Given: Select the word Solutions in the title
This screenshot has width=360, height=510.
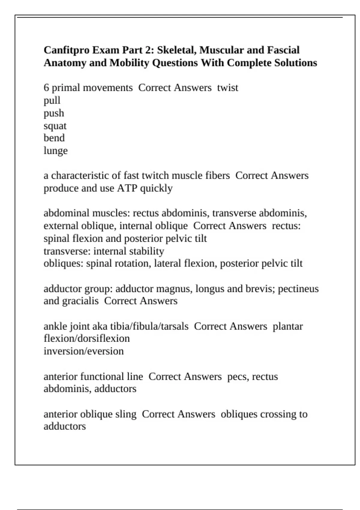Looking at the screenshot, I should coord(295,63).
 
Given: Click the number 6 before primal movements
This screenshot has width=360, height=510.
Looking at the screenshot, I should coord(46,88).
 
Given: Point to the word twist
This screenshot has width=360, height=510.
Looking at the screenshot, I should coord(227,88).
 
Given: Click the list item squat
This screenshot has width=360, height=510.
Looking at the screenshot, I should coord(55,126).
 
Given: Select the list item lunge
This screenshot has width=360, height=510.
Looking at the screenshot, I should coord(55,151).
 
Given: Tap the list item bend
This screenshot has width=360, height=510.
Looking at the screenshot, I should coord(54,138).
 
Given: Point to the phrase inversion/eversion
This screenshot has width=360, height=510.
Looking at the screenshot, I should coord(83,351).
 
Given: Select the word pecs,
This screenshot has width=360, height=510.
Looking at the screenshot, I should coord(238,376).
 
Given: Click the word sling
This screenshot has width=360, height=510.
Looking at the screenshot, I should coord(125,414).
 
